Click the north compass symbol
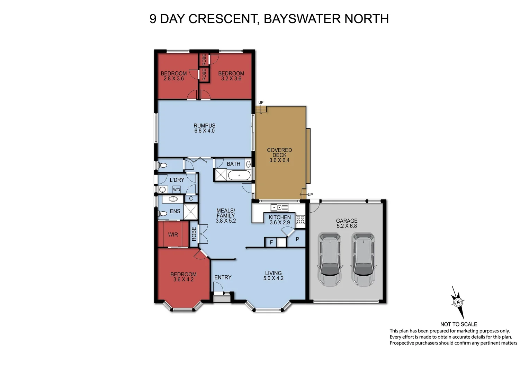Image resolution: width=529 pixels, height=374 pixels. [458, 302]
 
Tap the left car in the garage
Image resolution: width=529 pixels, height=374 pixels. [330, 260]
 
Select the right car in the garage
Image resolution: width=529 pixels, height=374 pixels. [363, 260]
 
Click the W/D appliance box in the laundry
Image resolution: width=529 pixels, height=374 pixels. [177, 189]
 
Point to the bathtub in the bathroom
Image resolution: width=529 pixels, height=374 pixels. [239, 176]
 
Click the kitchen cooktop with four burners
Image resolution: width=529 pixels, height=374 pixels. [300, 219]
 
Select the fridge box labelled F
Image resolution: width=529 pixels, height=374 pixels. [271, 242]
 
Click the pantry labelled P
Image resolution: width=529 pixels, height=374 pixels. [297, 239]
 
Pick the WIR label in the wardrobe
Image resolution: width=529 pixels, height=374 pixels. [173, 235]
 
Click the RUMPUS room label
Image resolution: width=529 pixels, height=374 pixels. [204, 126]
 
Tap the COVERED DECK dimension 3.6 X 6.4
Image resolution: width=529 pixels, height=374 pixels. [279, 160]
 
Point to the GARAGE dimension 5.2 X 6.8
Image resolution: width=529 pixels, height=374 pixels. [347, 226]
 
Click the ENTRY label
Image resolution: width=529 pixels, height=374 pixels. [223, 277]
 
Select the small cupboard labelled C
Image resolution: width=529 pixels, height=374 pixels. [191, 199]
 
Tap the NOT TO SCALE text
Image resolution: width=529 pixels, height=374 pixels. [458, 324]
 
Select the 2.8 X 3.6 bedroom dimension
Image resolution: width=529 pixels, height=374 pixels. [173, 79]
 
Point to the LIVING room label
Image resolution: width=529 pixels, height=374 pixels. [273, 273]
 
